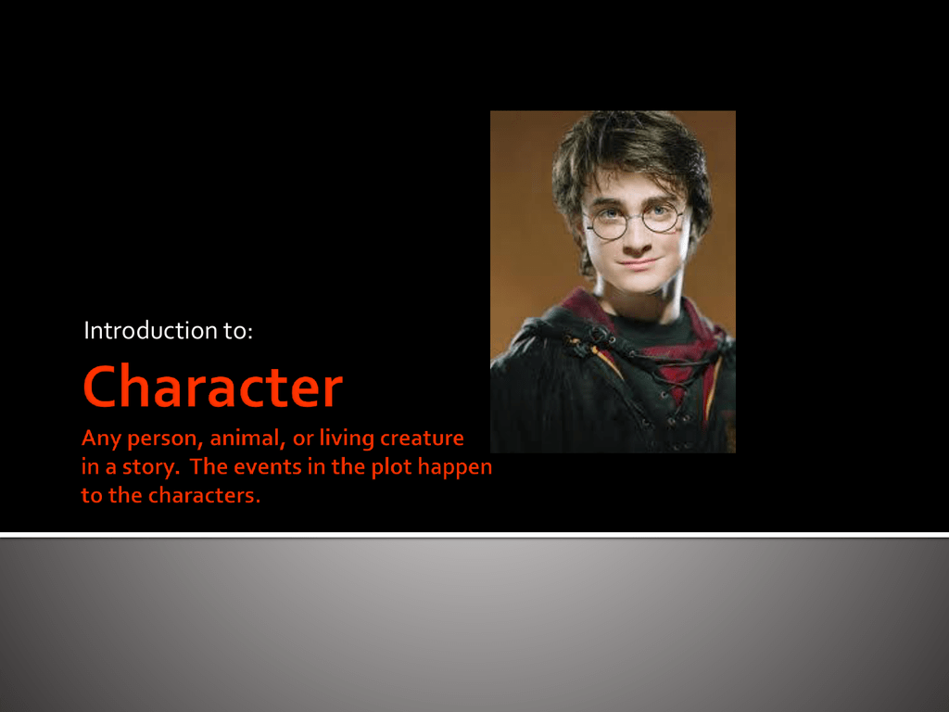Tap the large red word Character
point(212,387)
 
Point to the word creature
point(422,438)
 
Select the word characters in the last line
point(205,495)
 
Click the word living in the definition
point(347,438)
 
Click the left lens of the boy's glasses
point(606,222)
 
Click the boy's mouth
point(639,263)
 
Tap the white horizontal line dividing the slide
point(474,535)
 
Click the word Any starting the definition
point(101,439)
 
